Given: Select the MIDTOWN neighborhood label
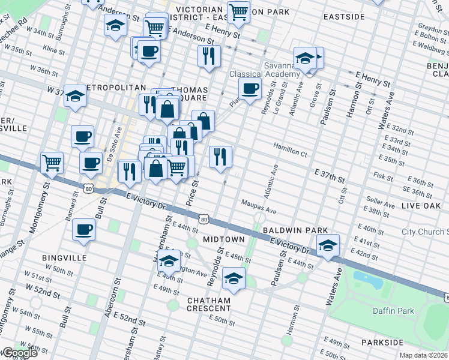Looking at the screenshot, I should (x=223, y=239).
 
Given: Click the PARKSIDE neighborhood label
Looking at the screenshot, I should (x=382, y=342).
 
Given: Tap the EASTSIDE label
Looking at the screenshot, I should (x=344, y=17).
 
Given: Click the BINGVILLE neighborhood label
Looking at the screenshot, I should (x=64, y=258).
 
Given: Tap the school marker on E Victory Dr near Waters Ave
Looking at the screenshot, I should (x=328, y=245).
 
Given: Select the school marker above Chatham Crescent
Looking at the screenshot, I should (x=234, y=278).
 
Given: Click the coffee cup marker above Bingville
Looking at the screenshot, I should (x=83, y=229).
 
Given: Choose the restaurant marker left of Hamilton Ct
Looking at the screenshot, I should (x=220, y=157).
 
